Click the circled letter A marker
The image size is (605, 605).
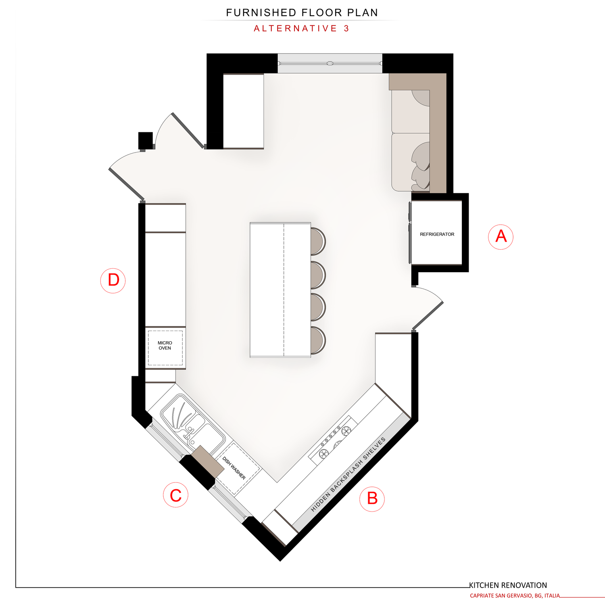tap(501, 237)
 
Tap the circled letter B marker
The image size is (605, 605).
tap(372, 499)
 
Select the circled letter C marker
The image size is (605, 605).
tap(176, 495)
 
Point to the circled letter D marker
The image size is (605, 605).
tap(113, 280)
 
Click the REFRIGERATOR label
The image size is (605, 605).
tap(437, 234)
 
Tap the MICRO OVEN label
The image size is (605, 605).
tap(165, 346)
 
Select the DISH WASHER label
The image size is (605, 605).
tap(234, 468)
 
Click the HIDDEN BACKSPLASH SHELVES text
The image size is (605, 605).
tap(348, 474)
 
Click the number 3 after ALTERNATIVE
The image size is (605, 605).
tap(346, 29)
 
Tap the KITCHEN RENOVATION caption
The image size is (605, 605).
tap(508, 585)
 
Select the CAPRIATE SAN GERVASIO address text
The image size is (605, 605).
tap(515, 596)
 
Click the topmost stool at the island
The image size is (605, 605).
tap(318, 241)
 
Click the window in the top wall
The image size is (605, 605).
tap(330, 63)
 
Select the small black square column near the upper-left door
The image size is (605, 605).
tap(146, 140)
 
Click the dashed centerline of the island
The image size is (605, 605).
tap(284, 290)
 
